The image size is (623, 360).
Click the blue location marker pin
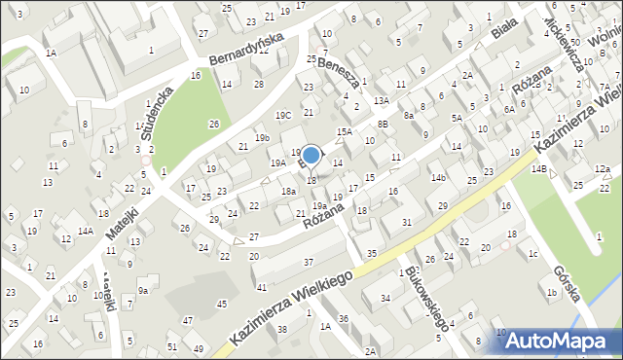pyautogui.click(x=311, y=156)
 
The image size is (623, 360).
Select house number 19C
pyautogui.click(x=283, y=116)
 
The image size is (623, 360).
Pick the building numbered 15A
pyautogui.click(x=344, y=131)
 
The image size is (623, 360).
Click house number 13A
pyautogui.click(x=381, y=100)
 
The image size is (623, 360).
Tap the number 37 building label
pyautogui.click(x=309, y=262)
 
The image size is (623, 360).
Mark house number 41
pyautogui.click(x=261, y=287)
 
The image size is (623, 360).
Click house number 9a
pyautogui.click(x=143, y=290)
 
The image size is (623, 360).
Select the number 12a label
pyautogui.click(x=604, y=169)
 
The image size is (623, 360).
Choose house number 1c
pyautogui.click(x=532, y=254)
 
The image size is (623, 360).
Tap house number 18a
pyautogui.click(x=288, y=192)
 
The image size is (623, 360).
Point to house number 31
pyautogui.click(x=406, y=224)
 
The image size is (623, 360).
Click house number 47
pyautogui.click(x=187, y=320)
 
